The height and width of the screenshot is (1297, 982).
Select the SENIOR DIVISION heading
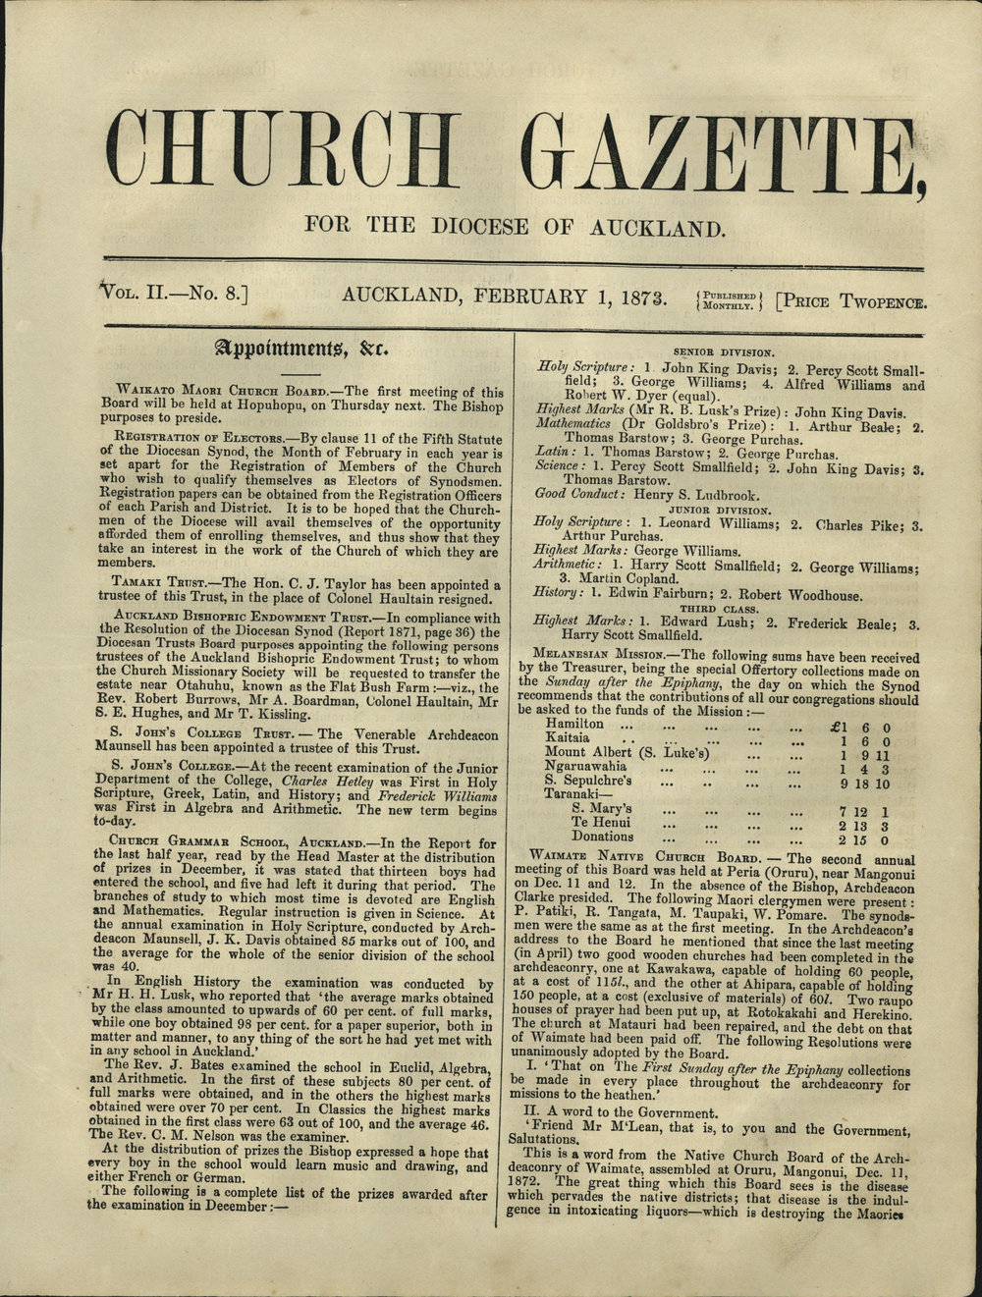coord(724,351)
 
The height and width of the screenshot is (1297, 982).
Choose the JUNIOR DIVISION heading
coord(724,511)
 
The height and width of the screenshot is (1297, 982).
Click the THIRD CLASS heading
coord(725,609)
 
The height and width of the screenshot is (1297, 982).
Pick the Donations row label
coord(602,838)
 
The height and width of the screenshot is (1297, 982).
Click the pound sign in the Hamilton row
coord(837,727)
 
